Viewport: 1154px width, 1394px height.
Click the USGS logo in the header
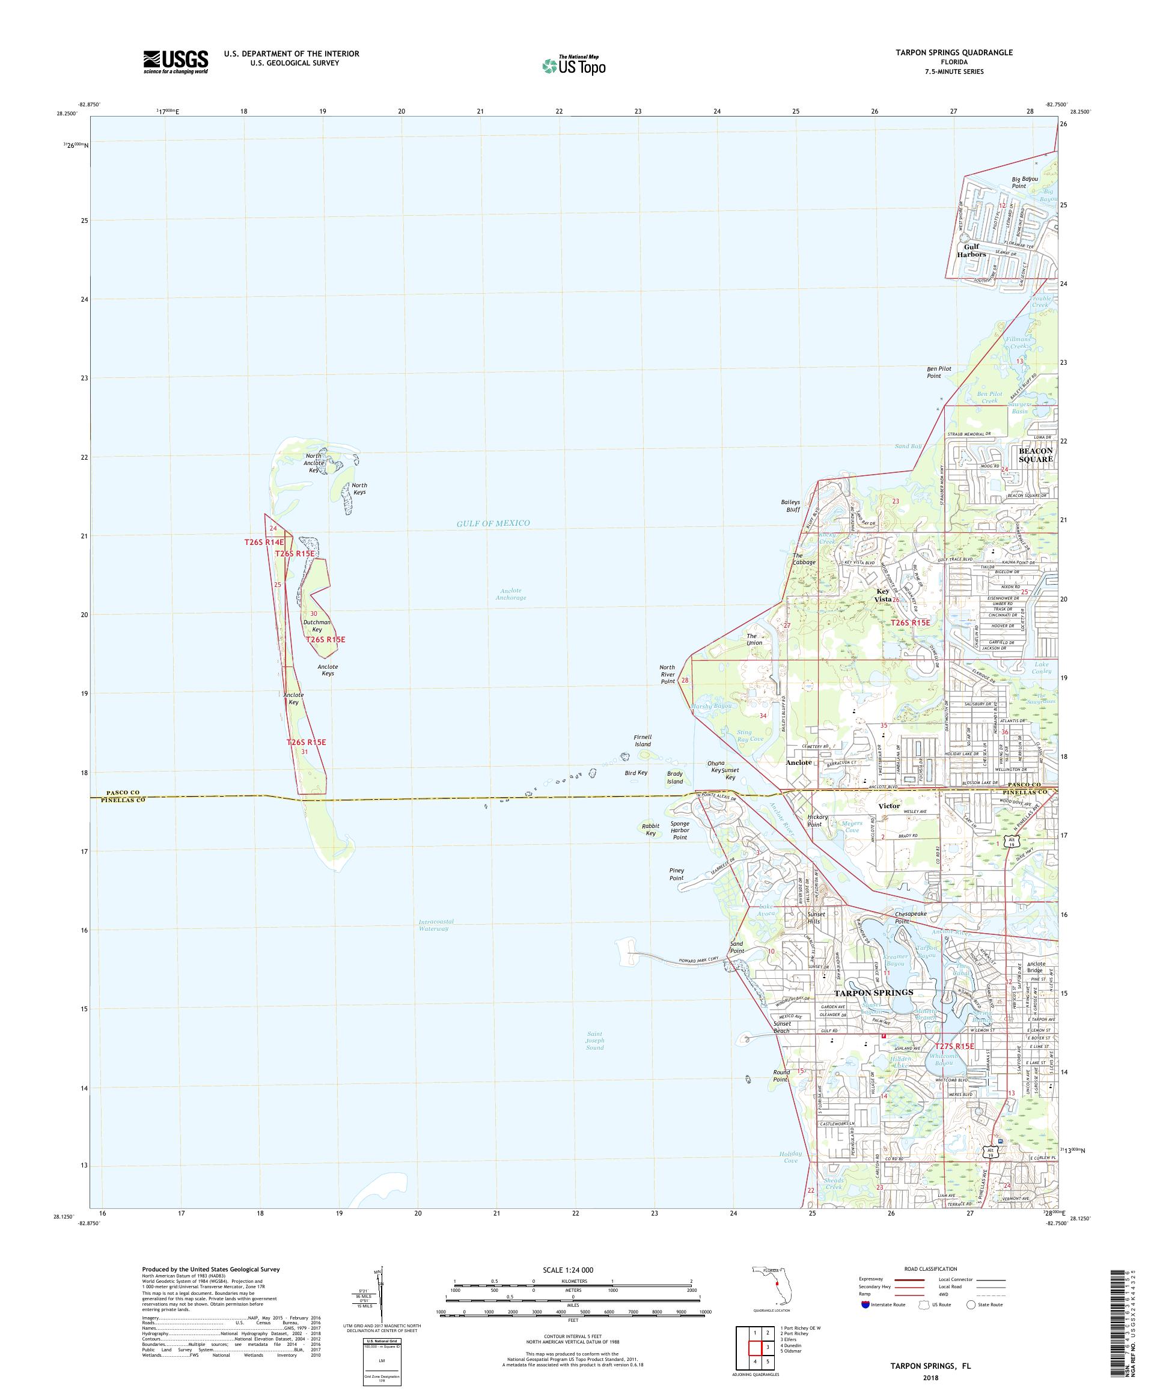pyautogui.click(x=176, y=62)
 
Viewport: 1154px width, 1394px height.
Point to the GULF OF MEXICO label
pyautogui.click(x=493, y=523)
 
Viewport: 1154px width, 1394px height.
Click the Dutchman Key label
pyautogui.click(x=317, y=625)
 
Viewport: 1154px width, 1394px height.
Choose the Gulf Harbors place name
pyautogui.click(x=971, y=249)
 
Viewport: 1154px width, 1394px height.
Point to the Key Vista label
pyautogui.click(x=884, y=595)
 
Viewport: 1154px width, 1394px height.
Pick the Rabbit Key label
pyautogui.click(x=649, y=829)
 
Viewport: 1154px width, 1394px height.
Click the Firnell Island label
pyautogui.click(x=642, y=740)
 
